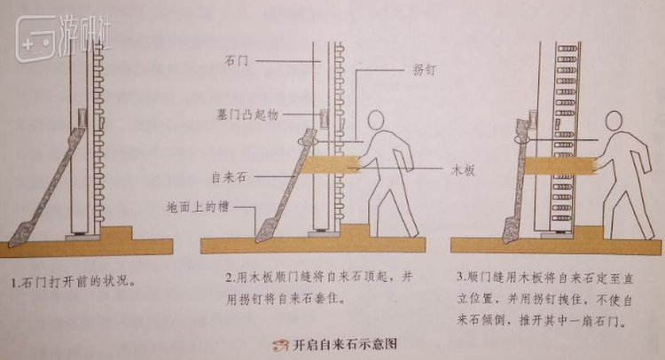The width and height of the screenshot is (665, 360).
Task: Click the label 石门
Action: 236,61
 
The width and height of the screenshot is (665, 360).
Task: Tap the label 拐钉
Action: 425,69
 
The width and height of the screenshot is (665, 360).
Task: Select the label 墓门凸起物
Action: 247,114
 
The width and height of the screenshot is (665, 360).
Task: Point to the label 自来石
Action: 229,176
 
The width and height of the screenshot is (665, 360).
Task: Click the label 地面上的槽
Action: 197,207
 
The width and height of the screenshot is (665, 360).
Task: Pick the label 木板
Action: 463,170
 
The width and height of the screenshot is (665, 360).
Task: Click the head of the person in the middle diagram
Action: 376,120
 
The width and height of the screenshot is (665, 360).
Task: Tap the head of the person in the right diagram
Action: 614,121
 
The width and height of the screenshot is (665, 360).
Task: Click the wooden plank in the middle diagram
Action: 332,164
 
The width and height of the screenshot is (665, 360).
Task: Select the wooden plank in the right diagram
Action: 560,166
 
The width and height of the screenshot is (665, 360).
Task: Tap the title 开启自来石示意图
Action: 345,343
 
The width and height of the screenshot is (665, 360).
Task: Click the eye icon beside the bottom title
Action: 280,344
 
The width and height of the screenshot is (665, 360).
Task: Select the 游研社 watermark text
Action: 85,35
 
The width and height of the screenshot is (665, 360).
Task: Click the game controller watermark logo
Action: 35,39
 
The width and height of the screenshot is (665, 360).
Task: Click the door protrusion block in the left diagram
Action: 82,118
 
